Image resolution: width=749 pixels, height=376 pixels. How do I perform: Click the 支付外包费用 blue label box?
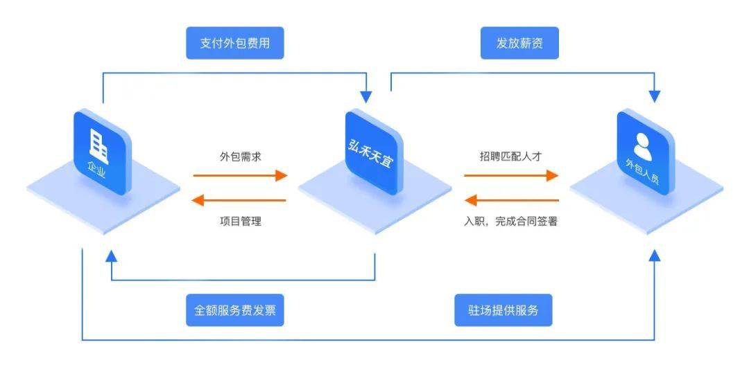[x=234, y=44]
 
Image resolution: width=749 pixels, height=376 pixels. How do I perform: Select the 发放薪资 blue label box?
[x=519, y=44]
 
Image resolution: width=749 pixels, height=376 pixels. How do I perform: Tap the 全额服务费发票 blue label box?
[x=234, y=310]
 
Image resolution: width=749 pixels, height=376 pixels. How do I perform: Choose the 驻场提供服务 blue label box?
[x=503, y=310]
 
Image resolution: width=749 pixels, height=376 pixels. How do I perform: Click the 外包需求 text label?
[x=240, y=156]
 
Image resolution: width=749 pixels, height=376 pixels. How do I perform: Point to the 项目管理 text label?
[x=240, y=222]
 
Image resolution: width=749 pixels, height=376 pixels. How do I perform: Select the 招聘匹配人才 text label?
[x=510, y=156]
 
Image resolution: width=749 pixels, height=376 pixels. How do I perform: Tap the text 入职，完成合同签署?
[x=511, y=222]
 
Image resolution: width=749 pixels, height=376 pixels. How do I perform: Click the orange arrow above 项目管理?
[x=240, y=200]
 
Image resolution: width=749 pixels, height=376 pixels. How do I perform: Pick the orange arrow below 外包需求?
[x=240, y=176]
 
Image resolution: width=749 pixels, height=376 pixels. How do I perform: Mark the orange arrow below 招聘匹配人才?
[x=511, y=176]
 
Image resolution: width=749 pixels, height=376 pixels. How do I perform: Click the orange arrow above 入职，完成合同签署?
[x=511, y=200]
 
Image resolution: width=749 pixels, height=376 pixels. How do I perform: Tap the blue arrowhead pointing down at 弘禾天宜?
[x=366, y=96]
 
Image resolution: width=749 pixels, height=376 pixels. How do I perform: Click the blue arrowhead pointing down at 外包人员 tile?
[x=654, y=96]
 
